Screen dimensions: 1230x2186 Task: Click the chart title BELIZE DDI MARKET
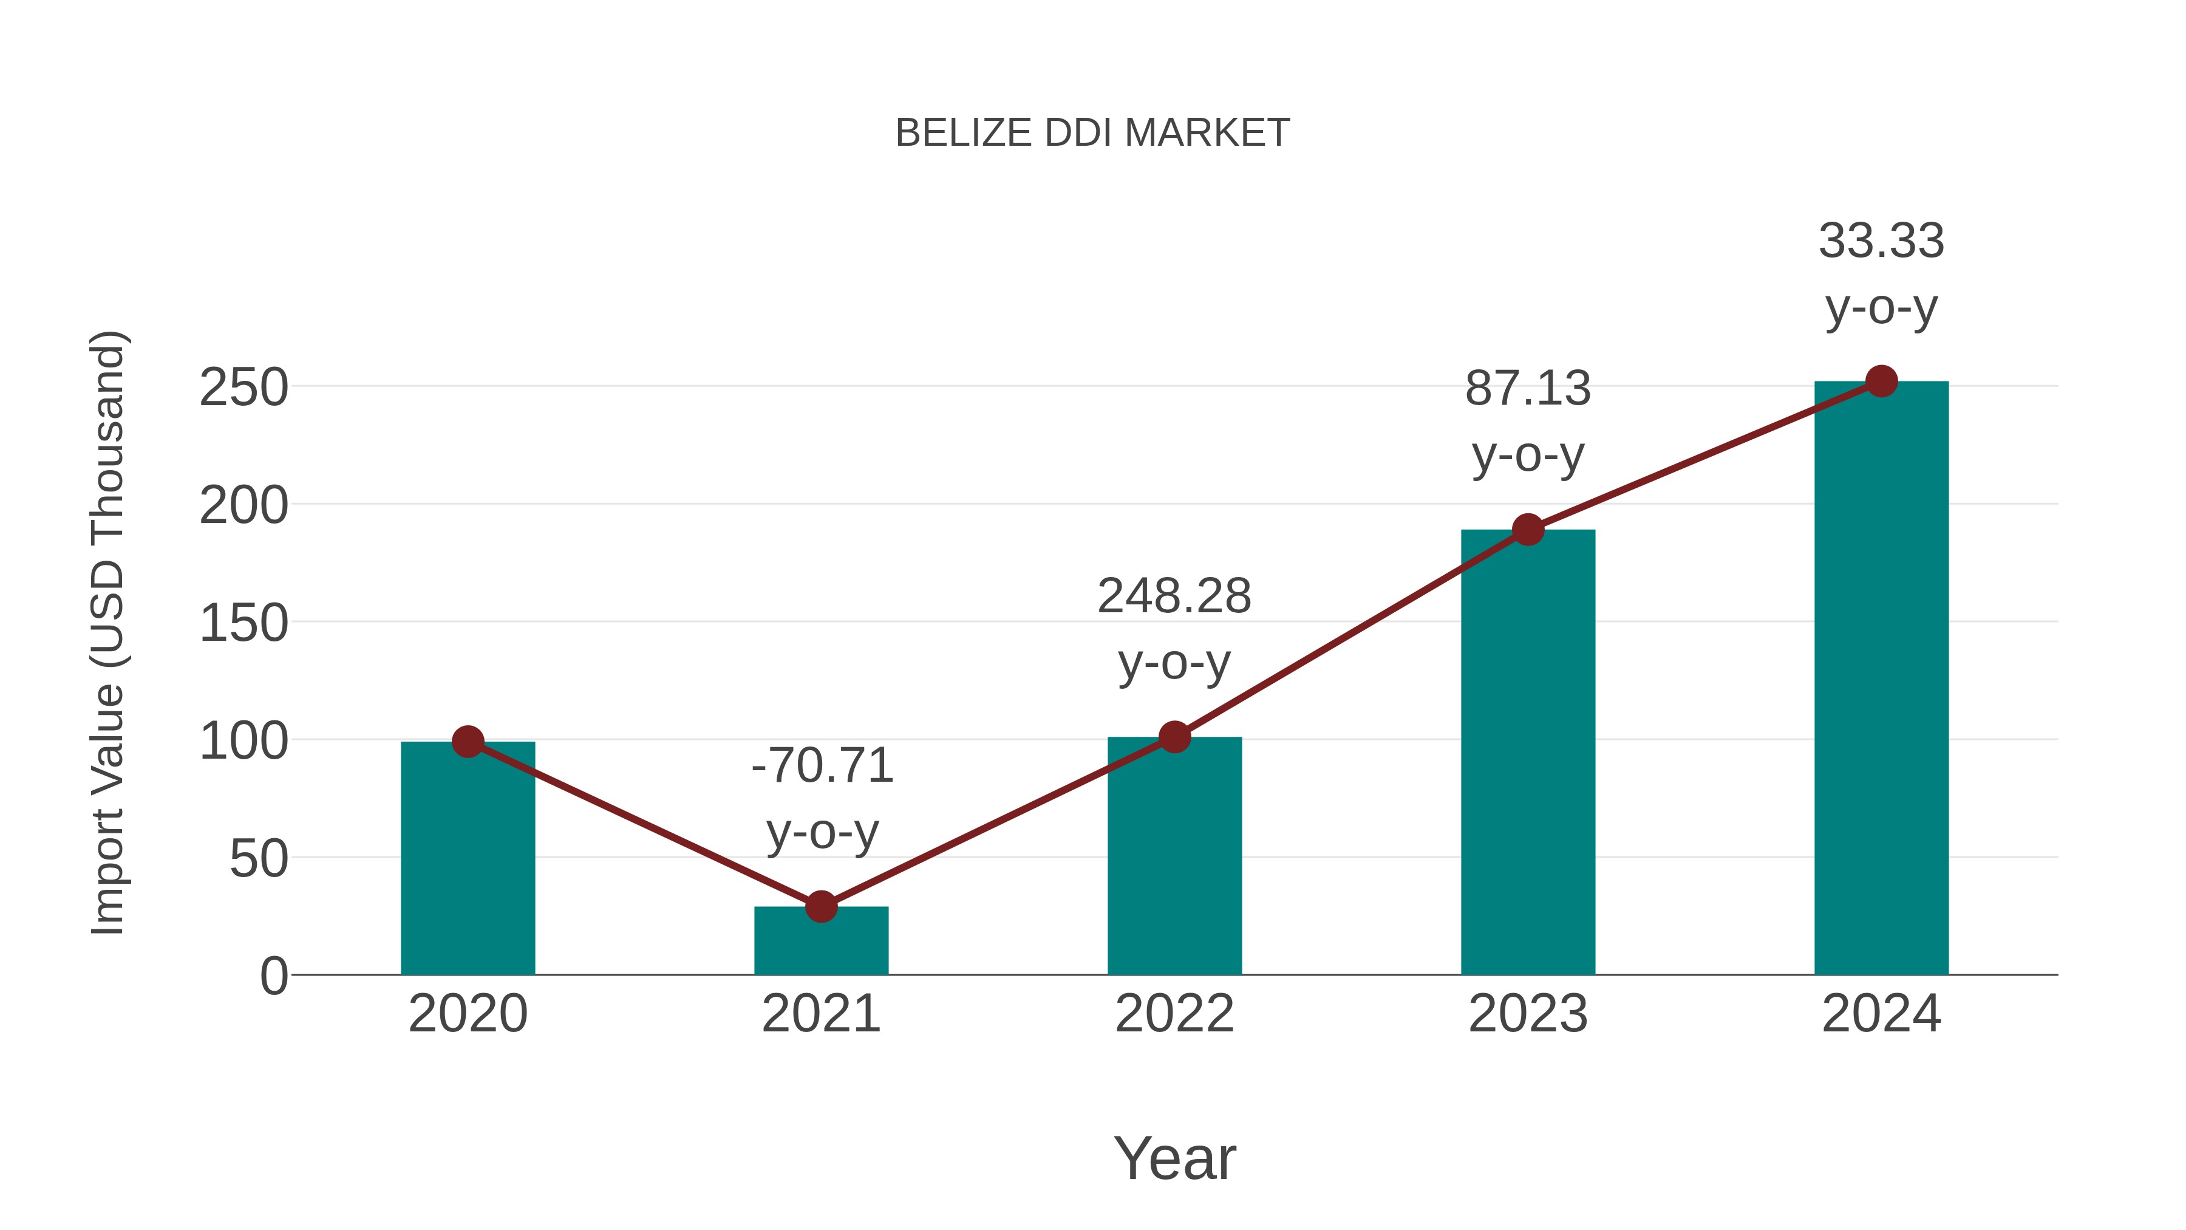[1092, 133]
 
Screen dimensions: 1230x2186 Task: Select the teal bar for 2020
[468, 857]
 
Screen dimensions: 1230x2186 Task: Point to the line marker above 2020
[468, 742]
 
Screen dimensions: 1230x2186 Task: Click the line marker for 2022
[1174, 737]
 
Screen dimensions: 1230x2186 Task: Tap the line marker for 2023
[1528, 530]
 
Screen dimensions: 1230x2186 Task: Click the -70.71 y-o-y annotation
[822, 798]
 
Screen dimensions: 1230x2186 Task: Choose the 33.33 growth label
[1881, 273]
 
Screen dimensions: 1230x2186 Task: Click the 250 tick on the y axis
[243, 388]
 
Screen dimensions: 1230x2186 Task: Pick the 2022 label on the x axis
[1174, 1014]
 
